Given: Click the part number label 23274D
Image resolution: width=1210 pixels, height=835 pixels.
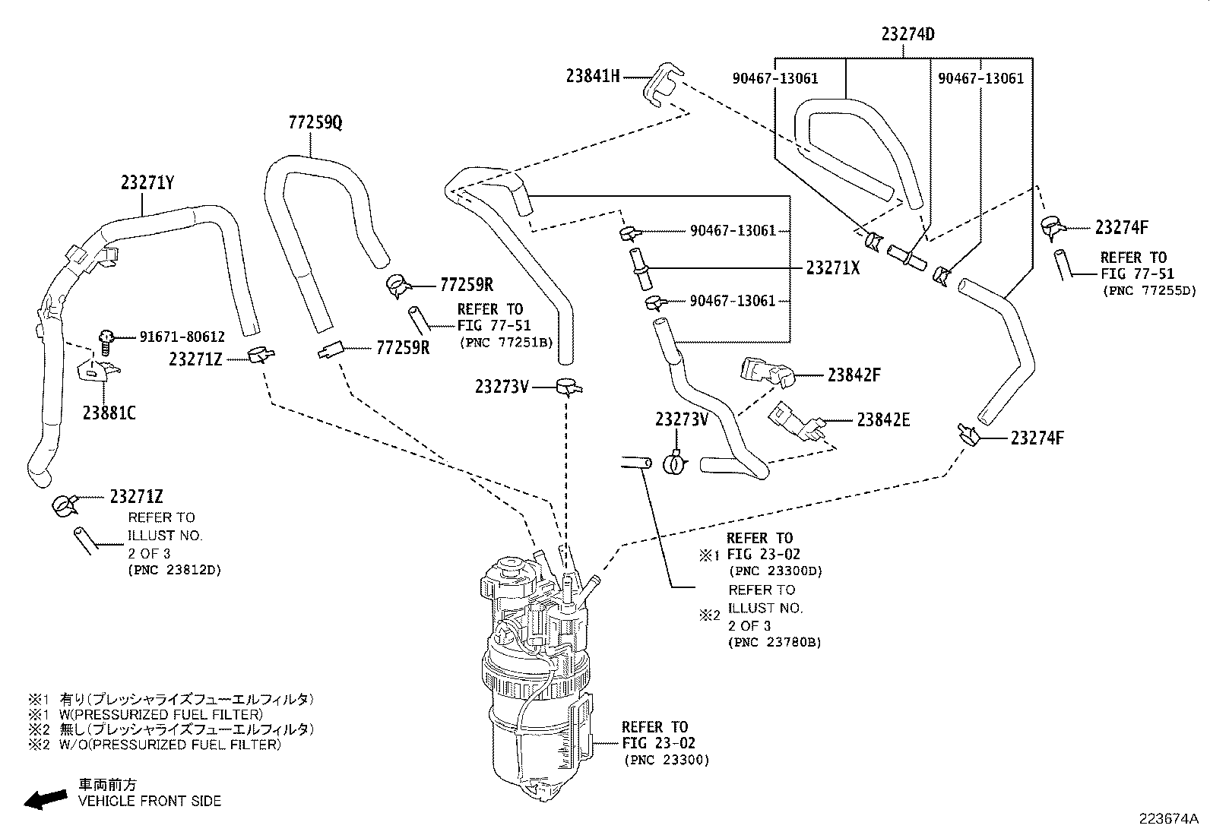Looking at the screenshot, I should pyautogui.click(x=907, y=34).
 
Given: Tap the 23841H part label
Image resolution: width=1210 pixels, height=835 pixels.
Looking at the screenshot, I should pyautogui.click(x=593, y=76).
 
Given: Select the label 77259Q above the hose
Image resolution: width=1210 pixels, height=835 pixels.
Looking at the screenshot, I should pyautogui.click(x=315, y=122).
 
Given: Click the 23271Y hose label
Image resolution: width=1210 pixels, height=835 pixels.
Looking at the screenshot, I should pyautogui.click(x=147, y=183).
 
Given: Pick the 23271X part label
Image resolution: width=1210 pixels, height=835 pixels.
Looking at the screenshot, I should pyautogui.click(x=832, y=267).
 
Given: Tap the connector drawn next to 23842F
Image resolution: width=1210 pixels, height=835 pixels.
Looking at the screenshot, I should pyautogui.click(x=766, y=372).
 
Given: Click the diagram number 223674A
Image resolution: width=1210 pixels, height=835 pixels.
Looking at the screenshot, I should pyautogui.click(x=1167, y=819).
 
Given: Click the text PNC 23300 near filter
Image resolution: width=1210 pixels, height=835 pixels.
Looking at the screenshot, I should pyautogui.click(x=667, y=760).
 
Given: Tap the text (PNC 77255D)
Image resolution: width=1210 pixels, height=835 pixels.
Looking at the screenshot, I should pyautogui.click(x=1148, y=290).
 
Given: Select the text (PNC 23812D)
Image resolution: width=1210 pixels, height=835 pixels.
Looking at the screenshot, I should pyautogui.click(x=174, y=570).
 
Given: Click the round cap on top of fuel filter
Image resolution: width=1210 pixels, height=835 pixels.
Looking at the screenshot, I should pyautogui.click(x=508, y=567).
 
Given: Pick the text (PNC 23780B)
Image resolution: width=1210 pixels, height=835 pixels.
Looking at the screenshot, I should pyautogui.click(x=774, y=643).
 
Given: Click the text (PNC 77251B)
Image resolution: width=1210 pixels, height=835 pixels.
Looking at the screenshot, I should pyautogui.click(x=505, y=343).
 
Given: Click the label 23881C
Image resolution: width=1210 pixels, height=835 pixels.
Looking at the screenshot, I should pyautogui.click(x=109, y=413).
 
